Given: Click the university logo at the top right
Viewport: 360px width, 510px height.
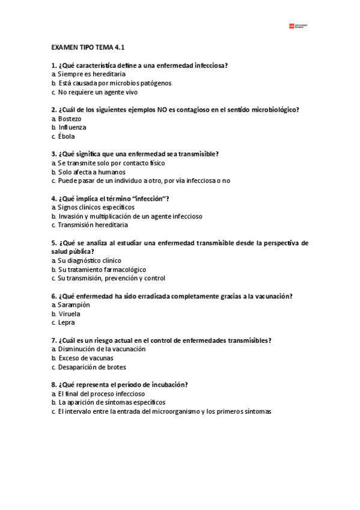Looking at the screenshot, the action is [298, 26].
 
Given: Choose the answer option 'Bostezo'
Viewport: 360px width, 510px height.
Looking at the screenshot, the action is [70, 118].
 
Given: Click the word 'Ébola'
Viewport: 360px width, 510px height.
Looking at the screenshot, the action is [67, 137].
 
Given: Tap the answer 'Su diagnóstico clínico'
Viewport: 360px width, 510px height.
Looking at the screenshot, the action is [90, 260].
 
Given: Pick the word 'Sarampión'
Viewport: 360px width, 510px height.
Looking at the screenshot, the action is [74, 305].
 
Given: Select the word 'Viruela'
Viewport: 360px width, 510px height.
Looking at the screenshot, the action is [70, 314].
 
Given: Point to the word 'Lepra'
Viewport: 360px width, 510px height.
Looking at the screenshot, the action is [67, 322].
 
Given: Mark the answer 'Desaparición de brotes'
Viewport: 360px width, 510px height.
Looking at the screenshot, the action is [92, 367].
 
